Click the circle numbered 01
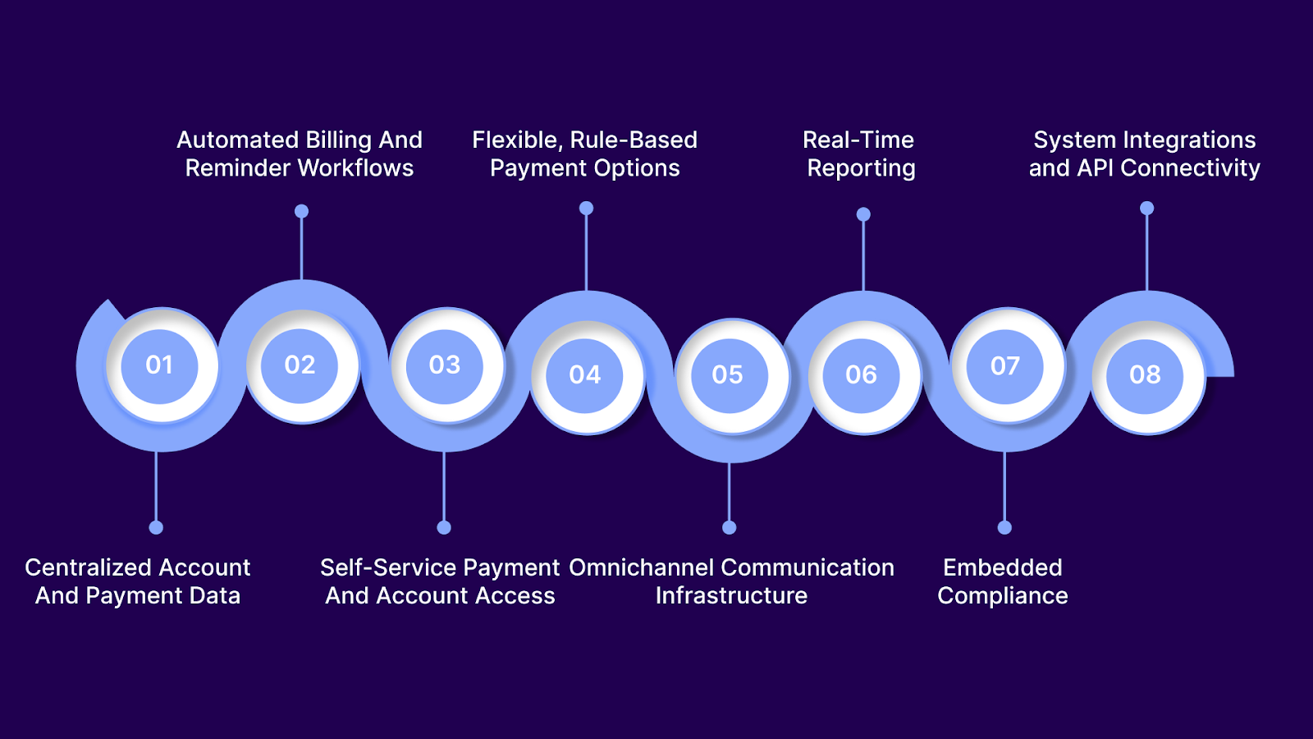[159, 365]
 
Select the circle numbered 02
[300, 365]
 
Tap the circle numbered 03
[444, 365]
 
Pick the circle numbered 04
[584, 375]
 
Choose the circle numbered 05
[727, 375]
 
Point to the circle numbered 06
[861, 375]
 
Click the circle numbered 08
[1145, 375]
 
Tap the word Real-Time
[858, 140]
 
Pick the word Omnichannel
[641, 568]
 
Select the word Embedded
[1002, 568]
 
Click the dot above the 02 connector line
[301, 212]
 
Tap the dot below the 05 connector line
[729, 527]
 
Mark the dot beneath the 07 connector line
[1004, 527]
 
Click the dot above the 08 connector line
[1146, 209]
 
